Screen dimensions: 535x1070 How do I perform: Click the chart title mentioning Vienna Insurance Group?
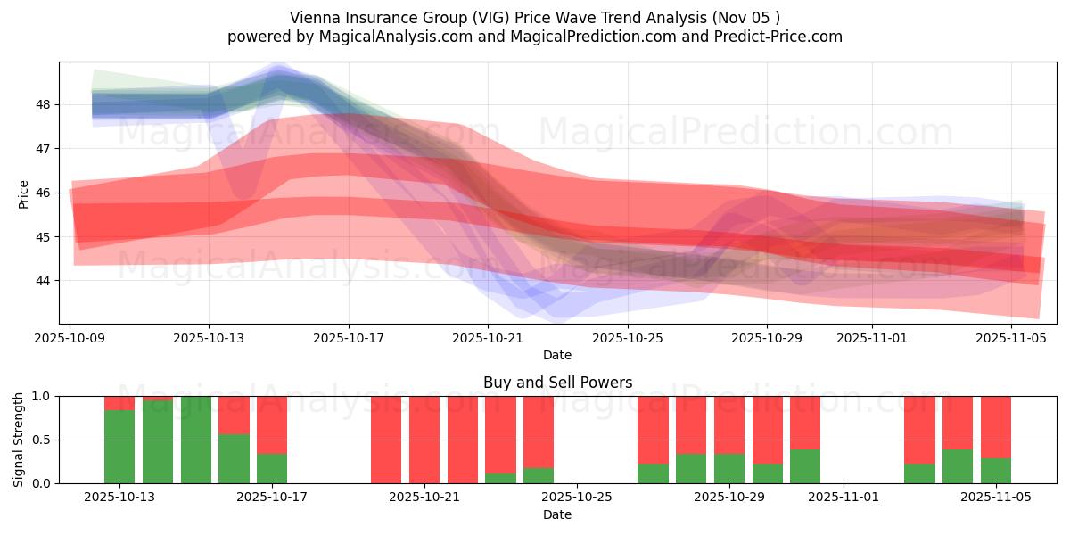[x=535, y=18]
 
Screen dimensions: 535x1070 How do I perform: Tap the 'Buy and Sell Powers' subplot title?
[x=557, y=383]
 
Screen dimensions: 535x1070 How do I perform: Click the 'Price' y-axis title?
[x=23, y=193]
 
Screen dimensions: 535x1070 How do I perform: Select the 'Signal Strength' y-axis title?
[x=19, y=440]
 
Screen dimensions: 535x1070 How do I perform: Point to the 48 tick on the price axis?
[x=43, y=104]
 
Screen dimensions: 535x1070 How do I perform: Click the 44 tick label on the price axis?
[x=43, y=281]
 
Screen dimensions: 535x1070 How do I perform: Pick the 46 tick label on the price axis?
[x=43, y=193]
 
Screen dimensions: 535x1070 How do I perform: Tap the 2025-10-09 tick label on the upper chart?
[x=70, y=339]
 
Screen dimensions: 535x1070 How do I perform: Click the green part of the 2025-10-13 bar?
[x=119, y=446]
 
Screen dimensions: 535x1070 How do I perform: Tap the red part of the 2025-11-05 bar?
[x=995, y=426]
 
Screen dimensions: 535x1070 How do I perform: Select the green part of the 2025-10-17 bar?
[x=272, y=469]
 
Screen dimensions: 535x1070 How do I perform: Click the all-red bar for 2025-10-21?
[x=424, y=439]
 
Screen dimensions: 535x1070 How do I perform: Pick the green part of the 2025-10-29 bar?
[x=729, y=469]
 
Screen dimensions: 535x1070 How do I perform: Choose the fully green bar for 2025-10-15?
[x=195, y=440]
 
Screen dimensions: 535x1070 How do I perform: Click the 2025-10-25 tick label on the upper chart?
[x=628, y=339]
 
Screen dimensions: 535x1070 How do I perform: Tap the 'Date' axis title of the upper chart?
[x=557, y=355]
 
